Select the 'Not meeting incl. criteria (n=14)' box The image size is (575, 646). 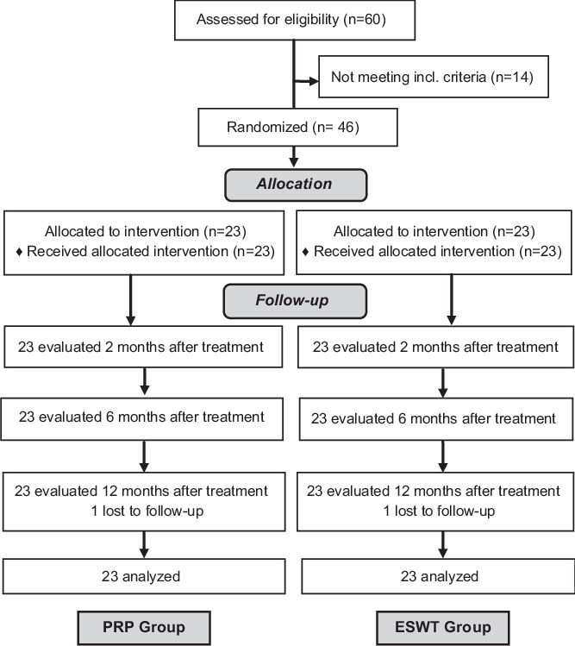click(x=432, y=78)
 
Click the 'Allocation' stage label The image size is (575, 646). click(x=293, y=184)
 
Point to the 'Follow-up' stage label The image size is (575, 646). click(x=295, y=302)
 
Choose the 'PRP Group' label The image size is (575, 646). click(x=144, y=626)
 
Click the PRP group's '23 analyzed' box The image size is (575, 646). click(x=144, y=576)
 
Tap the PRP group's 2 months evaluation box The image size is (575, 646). click(x=144, y=348)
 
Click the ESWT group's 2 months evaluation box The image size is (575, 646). click(x=435, y=348)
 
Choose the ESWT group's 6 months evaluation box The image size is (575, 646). click(x=434, y=418)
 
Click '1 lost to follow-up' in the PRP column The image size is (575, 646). click(x=144, y=511)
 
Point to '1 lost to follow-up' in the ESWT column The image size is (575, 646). click(x=439, y=511)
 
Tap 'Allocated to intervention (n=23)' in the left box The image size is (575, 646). click(x=144, y=232)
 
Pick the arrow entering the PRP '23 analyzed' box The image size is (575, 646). click(x=144, y=545)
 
